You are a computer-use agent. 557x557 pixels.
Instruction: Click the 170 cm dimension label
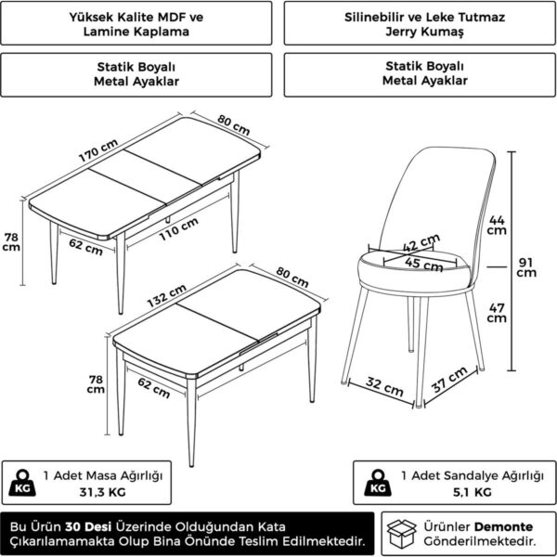(x=98, y=150)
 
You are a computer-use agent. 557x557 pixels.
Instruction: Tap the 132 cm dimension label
(x=166, y=295)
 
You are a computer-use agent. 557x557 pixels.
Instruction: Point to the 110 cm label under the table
(x=178, y=229)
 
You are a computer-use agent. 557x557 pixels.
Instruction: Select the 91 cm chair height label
(x=526, y=267)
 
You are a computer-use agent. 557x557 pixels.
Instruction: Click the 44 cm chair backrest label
(x=497, y=226)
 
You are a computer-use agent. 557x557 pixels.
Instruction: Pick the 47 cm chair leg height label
(x=497, y=313)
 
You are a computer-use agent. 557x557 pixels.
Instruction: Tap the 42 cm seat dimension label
(x=421, y=243)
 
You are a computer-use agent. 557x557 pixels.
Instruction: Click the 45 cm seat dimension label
(x=424, y=265)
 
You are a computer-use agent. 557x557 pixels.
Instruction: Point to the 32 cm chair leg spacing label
(x=384, y=387)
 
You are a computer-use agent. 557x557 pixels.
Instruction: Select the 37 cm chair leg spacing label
(x=449, y=380)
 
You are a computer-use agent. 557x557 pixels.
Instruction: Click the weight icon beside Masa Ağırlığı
(x=22, y=483)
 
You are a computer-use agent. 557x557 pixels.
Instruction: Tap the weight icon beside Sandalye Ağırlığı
(x=378, y=483)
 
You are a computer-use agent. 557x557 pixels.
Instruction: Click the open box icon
(x=401, y=534)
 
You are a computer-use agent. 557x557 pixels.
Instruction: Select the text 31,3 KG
(x=103, y=492)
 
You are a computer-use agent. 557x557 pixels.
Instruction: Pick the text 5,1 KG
(x=473, y=492)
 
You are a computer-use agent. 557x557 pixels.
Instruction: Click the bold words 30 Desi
(x=88, y=526)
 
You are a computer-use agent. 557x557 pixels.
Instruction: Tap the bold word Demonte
(x=504, y=526)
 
